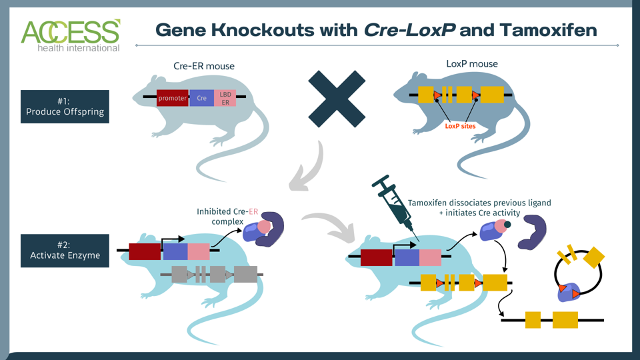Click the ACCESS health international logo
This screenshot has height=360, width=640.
(x=71, y=35)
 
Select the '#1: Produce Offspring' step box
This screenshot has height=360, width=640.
(x=65, y=107)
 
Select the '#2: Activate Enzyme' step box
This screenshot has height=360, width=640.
(x=65, y=251)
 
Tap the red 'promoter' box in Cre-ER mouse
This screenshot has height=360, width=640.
(x=173, y=98)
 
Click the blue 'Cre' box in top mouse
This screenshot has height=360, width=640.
(x=202, y=98)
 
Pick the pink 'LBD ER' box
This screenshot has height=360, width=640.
(x=225, y=98)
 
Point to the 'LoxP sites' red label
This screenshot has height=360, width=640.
(x=459, y=125)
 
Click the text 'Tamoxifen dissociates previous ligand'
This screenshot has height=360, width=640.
(x=479, y=203)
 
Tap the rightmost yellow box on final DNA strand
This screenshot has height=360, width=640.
(x=565, y=320)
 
